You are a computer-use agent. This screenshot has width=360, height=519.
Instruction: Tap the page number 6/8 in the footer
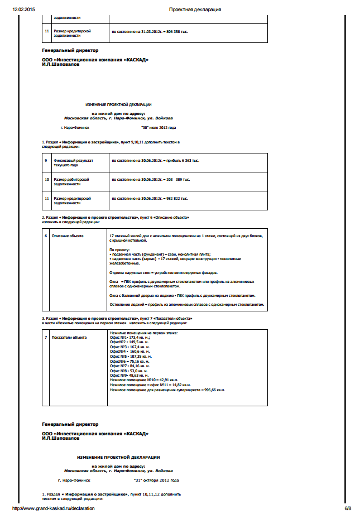pyautogui.click(x=347, y=508)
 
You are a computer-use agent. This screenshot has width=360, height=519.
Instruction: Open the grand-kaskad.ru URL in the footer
pyautogui.click(x=54, y=508)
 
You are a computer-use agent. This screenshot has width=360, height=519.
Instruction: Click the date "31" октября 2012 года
pyautogui.click(x=156, y=480)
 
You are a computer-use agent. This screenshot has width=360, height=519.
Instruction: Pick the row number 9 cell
pyautogui.click(x=46, y=160)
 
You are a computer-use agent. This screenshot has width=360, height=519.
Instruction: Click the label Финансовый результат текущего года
pyautogui.click(x=73, y=162)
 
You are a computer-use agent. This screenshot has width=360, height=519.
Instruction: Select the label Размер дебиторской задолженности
pyautogui.click(x=71, y=182)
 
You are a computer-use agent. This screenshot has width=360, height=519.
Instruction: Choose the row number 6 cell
pyautogui.click(x=46, y=236)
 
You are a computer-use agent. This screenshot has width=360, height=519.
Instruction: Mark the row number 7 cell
pyautogui.click(x=46, y=338)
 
